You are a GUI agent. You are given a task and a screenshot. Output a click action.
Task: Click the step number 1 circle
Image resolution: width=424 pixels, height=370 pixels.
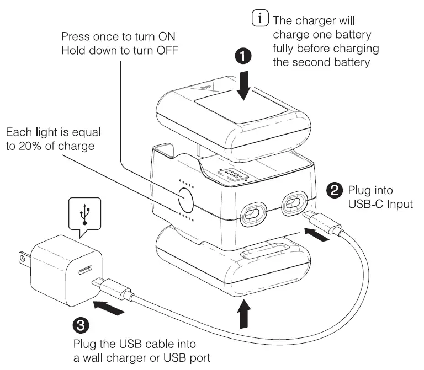[x=244, y=56]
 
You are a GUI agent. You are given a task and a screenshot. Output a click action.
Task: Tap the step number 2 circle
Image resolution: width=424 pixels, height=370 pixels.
[x=335, y=191]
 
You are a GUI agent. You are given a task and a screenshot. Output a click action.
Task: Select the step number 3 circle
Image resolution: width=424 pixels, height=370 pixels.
[x=81, y=325]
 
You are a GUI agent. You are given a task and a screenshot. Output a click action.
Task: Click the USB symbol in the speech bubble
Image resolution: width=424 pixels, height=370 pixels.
[x=84, y=213]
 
